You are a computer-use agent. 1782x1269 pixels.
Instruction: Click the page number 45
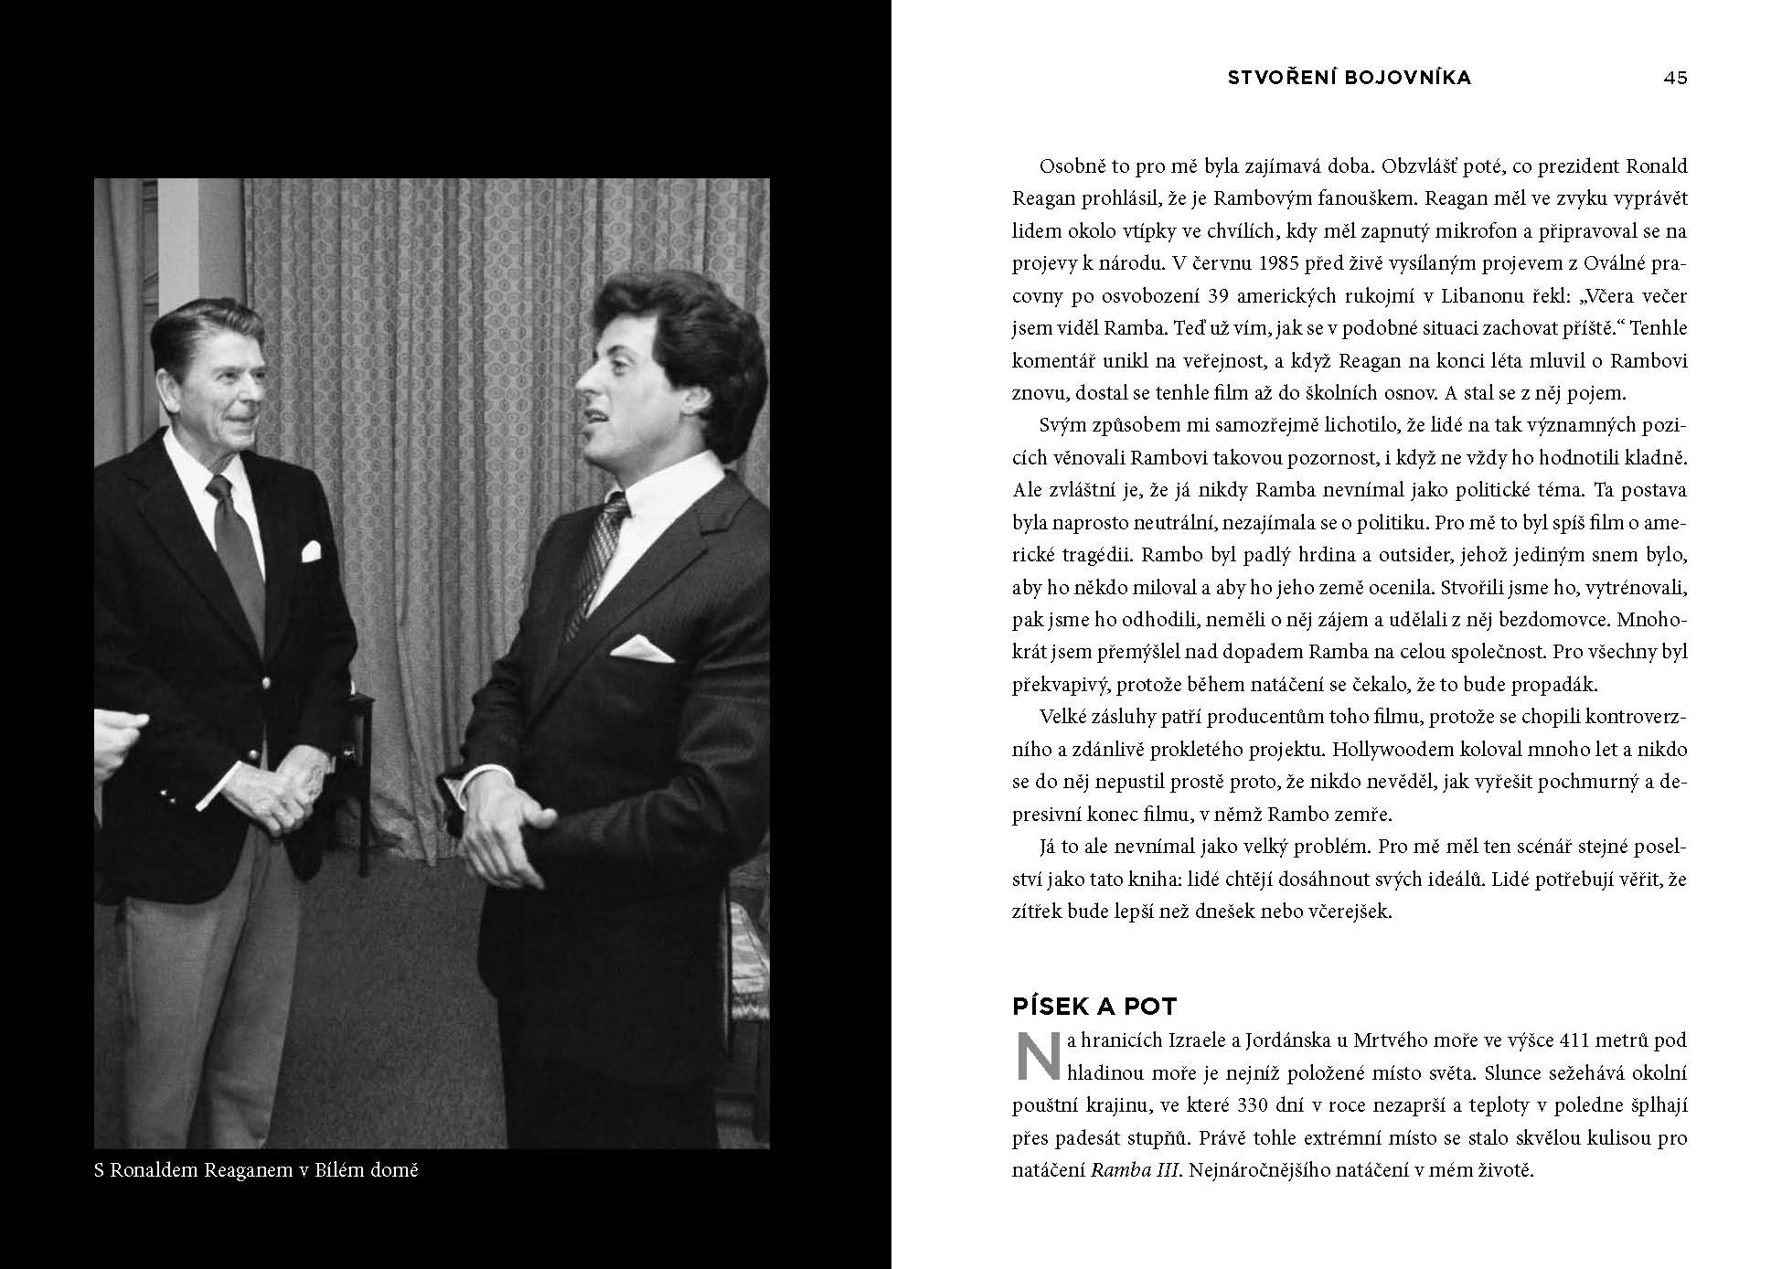click(x=1675, y=78)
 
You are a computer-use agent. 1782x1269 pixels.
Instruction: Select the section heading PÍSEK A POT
click(x=1094, y=1007)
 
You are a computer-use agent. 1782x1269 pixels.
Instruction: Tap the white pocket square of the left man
click(x=311, y=551)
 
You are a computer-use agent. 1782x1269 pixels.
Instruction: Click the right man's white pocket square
click(x=642, y=649)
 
